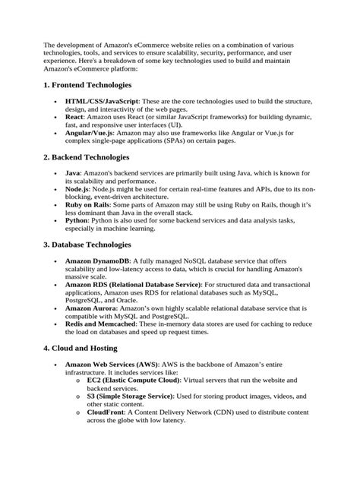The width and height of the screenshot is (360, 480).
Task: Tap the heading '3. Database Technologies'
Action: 87,245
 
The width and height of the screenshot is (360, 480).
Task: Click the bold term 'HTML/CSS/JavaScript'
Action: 103,101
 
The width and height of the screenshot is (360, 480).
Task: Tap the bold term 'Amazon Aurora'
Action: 94,308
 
